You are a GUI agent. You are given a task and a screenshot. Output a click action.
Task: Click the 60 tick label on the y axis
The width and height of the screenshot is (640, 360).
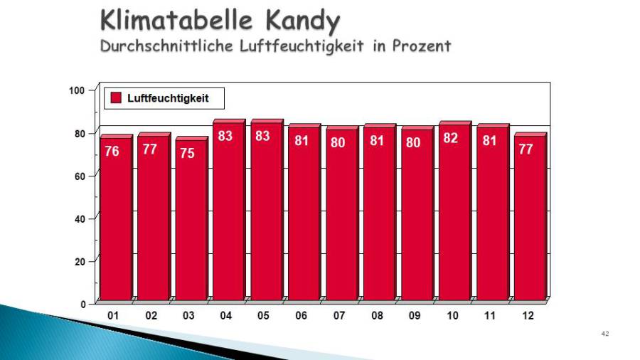pos(79,176)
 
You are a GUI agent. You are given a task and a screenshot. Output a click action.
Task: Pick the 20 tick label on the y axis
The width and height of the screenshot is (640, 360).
pos(79,261)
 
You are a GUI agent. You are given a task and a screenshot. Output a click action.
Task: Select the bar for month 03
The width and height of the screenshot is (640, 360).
pos(191,221)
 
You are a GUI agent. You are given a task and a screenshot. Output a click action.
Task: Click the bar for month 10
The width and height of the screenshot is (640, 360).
pos(454,213)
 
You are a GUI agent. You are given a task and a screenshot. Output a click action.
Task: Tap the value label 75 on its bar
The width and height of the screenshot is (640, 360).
pos(187,153)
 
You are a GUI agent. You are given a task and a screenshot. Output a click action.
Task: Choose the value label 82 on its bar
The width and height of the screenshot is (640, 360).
pos(451,139)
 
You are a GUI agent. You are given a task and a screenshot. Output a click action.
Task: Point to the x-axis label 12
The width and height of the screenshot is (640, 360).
pos(528,315)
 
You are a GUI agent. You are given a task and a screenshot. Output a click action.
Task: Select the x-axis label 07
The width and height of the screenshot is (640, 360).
pos(338,315)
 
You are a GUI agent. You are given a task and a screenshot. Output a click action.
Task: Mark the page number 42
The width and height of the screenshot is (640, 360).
pos(605,334)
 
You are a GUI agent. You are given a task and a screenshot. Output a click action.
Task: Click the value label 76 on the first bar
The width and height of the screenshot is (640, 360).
pos(112,152)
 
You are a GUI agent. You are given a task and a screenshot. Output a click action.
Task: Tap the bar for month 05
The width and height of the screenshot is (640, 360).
pos(266,213)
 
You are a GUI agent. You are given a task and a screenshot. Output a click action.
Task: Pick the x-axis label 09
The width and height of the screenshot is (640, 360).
pos(414,315)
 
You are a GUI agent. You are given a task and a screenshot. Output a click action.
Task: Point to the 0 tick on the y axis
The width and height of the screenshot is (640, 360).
pos(82,304)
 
